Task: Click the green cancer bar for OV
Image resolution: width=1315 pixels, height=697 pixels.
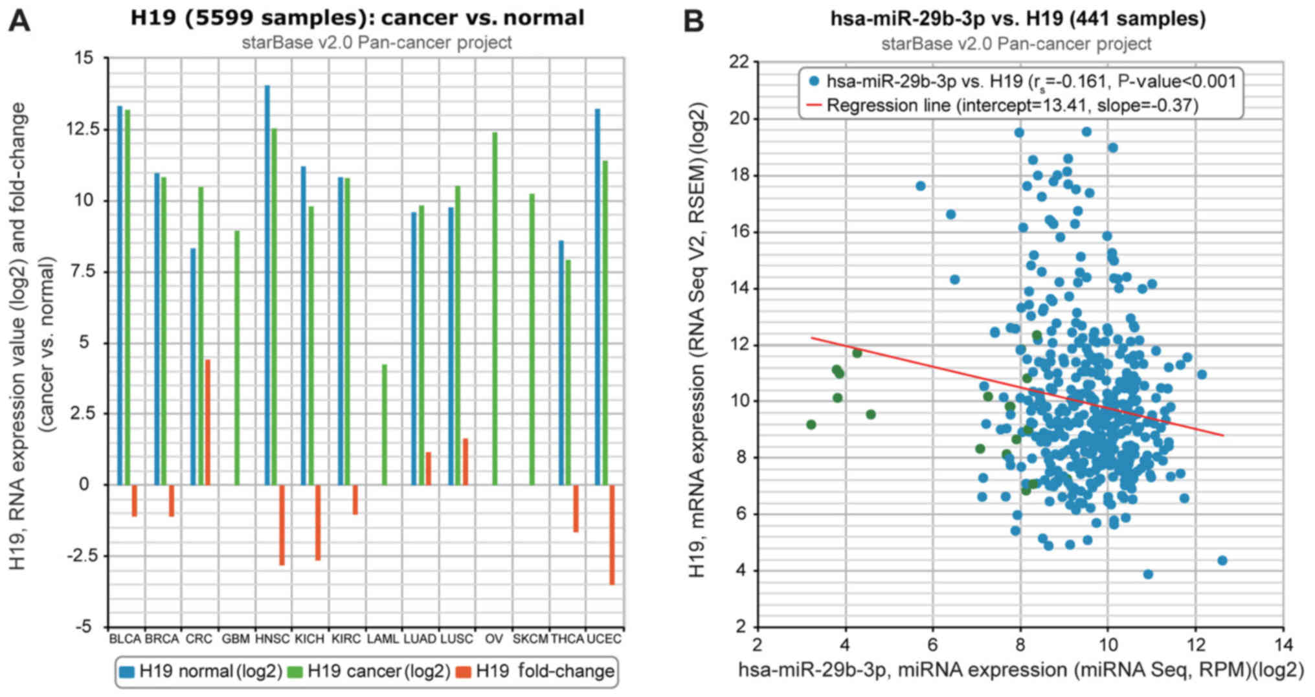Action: click(495, 309)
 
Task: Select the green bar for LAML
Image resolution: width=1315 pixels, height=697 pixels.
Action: click(385, 425)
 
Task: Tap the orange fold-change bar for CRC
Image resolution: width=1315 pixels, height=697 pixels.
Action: click(208, 422)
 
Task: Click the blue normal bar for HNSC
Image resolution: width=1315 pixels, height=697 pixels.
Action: click(267, 285)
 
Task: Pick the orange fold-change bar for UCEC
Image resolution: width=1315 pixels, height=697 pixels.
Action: click(612, 535)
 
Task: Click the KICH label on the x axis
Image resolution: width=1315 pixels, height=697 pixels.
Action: click(309, 639)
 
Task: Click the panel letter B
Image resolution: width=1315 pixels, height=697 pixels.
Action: click(694, 22)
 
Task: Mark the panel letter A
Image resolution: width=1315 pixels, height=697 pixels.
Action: click(19, 21)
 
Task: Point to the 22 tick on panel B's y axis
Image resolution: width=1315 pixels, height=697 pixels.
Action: click(738, 62)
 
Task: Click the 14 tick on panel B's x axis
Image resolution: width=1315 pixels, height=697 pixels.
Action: click(1283, 645)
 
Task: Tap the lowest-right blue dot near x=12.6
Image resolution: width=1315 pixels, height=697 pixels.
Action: click(1222, 560)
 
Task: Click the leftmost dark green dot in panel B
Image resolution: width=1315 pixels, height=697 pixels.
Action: click(811, 425)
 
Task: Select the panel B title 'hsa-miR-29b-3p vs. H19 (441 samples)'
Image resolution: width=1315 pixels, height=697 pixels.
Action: click(1018, 19)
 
